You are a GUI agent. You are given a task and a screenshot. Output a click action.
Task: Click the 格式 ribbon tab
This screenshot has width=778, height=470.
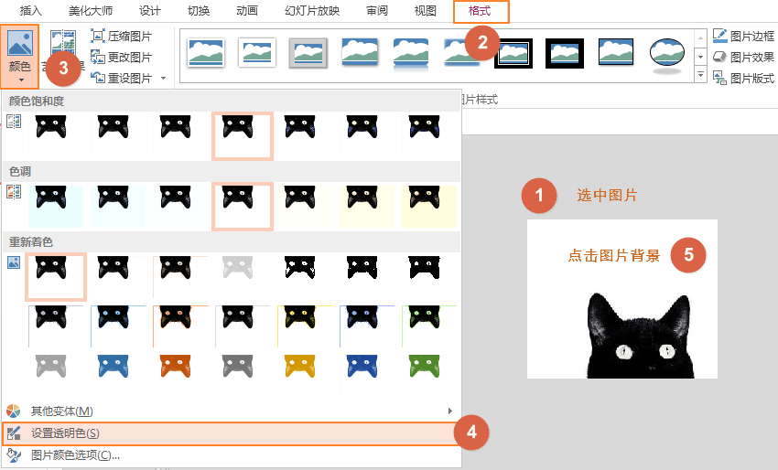(480, 11)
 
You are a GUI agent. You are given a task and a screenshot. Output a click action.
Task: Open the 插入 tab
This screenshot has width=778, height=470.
(31, 11)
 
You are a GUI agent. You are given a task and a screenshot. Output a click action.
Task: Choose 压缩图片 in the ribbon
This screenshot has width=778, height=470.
(122, 37)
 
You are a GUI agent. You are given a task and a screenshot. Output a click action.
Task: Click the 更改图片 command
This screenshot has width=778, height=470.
(122, 57)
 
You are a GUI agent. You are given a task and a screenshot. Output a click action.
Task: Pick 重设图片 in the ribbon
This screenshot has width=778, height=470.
(122, 78)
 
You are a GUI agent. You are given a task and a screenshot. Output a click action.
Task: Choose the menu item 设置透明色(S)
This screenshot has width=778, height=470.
(65, 433)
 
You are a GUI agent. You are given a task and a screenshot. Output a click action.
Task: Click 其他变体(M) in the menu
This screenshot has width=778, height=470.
(62, 411)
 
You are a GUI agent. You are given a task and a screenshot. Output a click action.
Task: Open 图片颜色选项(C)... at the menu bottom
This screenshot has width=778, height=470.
(75, 454)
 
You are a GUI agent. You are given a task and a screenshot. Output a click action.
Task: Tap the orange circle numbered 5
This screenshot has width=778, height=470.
(688, 255)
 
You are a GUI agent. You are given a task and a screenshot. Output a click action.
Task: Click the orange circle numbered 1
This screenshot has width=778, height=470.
(539, 195)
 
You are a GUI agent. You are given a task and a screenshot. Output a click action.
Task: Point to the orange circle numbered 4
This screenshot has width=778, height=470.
(471, 433)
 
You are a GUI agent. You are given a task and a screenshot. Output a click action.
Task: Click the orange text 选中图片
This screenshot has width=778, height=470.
(607, 195)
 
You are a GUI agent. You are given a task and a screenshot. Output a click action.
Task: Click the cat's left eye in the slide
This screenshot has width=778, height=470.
(624, 351)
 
